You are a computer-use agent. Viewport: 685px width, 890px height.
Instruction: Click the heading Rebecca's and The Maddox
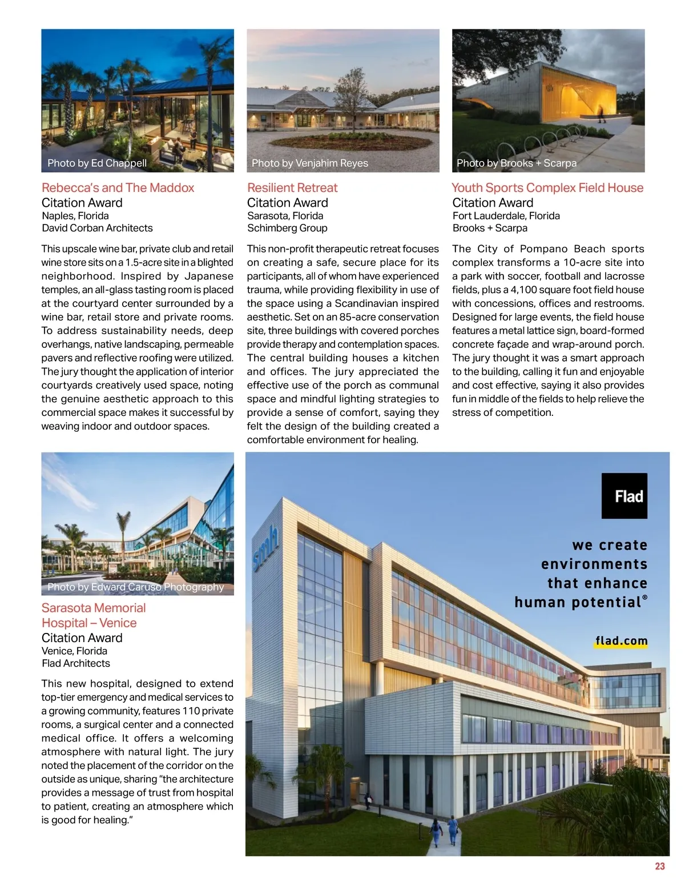point(118,188)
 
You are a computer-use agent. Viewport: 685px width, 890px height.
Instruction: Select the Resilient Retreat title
point(292,188)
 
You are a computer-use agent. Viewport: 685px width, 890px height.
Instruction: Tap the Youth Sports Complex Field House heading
point(547,188)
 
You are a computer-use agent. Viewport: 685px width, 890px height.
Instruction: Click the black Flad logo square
point(624,496)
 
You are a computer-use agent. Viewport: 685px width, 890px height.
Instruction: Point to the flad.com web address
point(621,641)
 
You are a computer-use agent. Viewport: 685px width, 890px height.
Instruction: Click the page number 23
point(659,866)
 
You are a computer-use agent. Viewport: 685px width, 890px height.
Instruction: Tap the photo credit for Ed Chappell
point(97,163)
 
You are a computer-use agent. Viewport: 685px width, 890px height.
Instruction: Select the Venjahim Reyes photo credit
point(310,163)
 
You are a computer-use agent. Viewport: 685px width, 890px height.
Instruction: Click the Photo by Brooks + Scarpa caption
point(517,163)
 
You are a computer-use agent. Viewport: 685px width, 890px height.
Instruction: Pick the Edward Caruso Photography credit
point(136,587)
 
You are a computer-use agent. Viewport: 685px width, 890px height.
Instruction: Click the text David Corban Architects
point(97,228)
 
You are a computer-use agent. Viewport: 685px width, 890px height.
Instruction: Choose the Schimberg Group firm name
point(287,228)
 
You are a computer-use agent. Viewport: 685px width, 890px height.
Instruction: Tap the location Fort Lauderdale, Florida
point(506,216)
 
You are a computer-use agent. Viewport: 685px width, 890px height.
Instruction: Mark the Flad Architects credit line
point(76,663)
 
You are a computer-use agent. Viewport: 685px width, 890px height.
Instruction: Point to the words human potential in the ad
point(578,602)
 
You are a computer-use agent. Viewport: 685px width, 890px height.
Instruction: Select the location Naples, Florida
point(75,216)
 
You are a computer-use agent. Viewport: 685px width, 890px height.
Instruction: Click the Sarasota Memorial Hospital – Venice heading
point(94,615)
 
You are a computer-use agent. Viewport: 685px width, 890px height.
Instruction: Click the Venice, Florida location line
point(74,651)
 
